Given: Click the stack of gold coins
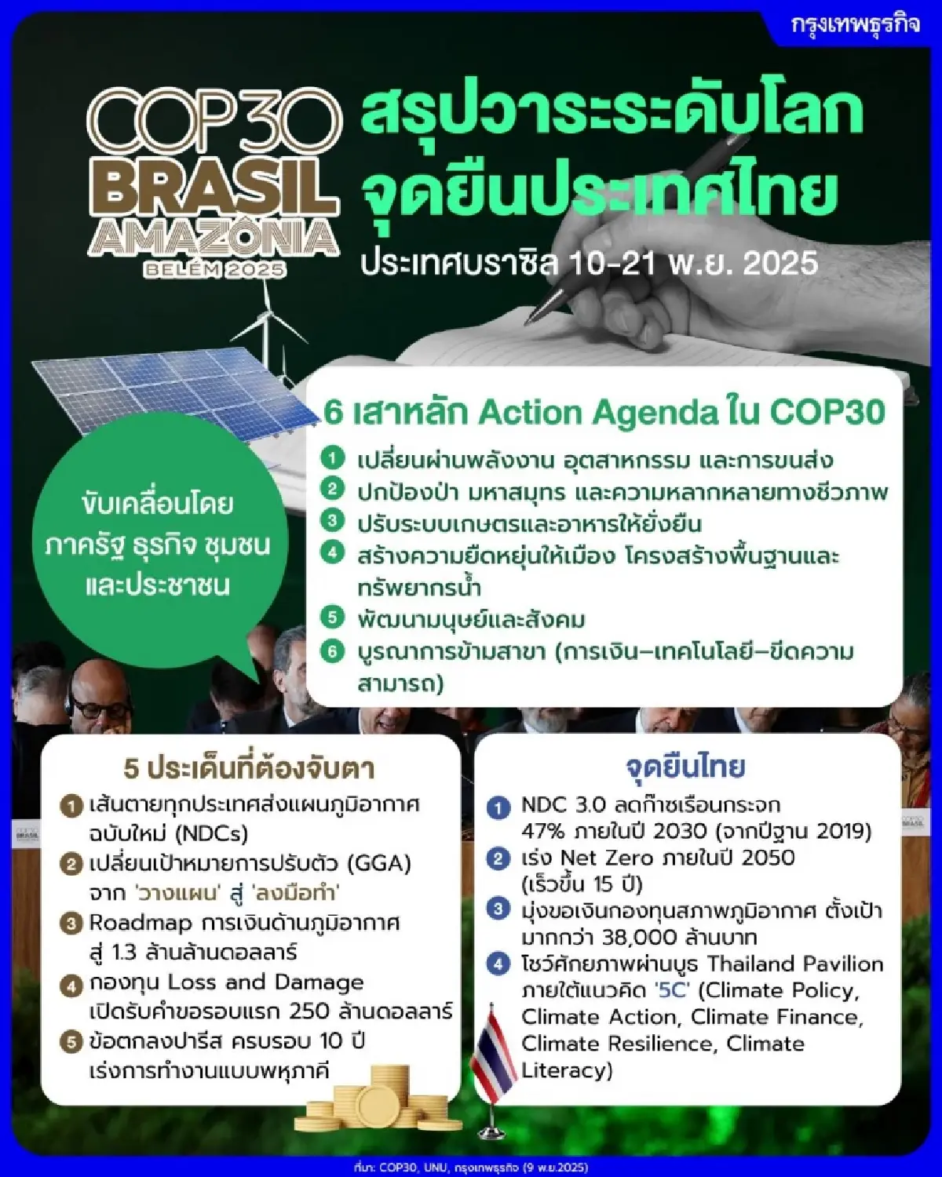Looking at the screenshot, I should (x=377, y=1099).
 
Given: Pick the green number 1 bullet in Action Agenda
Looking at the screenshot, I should (x=333, y=457).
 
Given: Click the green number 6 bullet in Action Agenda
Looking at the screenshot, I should (x=333, y=651).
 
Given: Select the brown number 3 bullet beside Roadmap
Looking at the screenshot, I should (x=71, y=924).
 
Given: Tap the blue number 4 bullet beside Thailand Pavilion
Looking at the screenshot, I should (x=498, y=964).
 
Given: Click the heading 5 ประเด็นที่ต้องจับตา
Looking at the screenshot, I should (x=249, y=768).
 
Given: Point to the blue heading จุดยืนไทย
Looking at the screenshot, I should (x=685, y=766).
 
